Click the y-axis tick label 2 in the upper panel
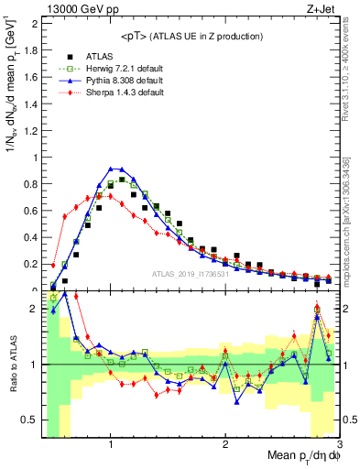point(34,23)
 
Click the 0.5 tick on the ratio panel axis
point(30,420)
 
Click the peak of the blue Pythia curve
point(112,169)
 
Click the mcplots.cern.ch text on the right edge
point(352,234)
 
